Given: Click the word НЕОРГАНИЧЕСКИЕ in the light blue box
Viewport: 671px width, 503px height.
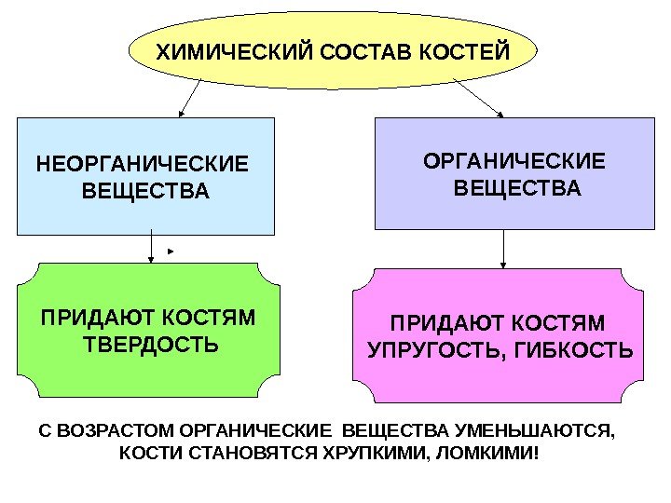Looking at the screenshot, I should (143, 166).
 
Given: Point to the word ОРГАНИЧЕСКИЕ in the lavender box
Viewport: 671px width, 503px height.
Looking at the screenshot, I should (514, 163).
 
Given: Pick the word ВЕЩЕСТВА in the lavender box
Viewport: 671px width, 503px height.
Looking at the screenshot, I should (517, 190).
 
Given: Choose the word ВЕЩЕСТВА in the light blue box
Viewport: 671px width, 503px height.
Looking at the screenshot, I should (146, 193).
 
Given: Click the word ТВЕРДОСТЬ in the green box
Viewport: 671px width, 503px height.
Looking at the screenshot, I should (152, 346).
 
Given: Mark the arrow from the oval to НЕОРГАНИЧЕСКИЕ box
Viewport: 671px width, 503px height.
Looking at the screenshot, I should (191, 97).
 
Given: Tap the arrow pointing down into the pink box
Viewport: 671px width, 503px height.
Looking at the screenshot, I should (503, 249).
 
